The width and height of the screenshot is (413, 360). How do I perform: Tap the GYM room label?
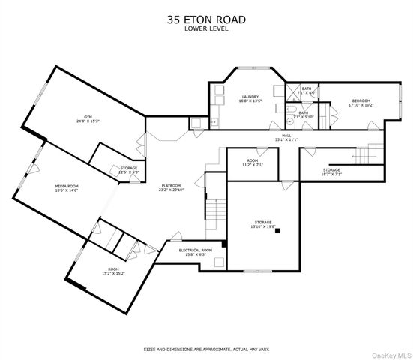pos(88,117)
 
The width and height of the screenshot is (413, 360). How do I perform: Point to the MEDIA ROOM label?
pos(68,186)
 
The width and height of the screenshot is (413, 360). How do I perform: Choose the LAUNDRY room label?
pos(249,97)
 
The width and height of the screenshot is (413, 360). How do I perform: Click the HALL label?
pos(286,136)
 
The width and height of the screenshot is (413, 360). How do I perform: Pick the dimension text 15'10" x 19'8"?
pos(263,226)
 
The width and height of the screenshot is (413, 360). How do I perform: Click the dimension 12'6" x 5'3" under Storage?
pos(130,172)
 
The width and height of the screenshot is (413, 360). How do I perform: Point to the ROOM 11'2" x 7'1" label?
pos(253,162)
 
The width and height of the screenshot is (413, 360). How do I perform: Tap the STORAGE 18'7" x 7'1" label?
pos(331,172)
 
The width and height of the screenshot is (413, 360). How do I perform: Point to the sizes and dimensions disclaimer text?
pos(205,349)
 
